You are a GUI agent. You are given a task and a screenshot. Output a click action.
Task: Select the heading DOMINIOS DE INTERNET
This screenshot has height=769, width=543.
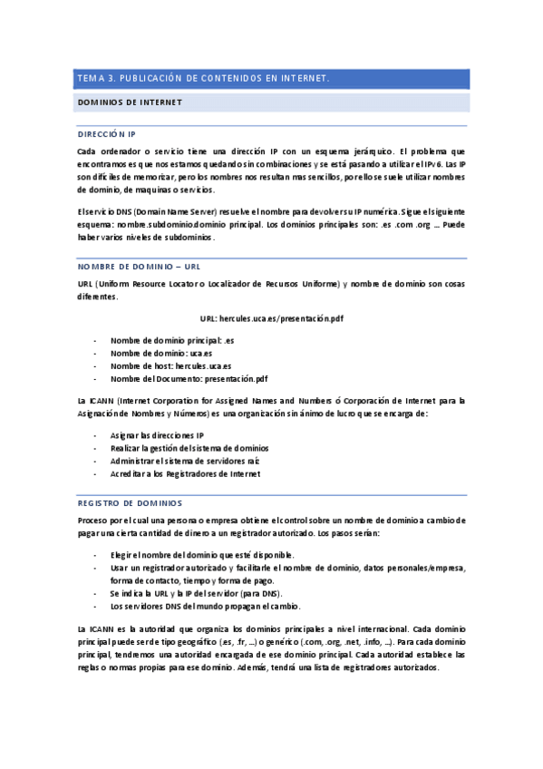tap(131, 102)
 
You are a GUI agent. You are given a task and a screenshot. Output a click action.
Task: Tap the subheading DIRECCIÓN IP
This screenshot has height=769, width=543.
tap(106, 133)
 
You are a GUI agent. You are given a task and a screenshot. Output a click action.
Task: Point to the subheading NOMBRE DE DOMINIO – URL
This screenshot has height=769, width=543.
tap(139, 267)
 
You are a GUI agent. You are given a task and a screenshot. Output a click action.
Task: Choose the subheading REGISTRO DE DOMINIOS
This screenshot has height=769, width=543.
tap(130, 502)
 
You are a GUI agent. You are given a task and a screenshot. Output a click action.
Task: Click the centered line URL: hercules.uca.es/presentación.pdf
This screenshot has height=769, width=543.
tap(271, 319)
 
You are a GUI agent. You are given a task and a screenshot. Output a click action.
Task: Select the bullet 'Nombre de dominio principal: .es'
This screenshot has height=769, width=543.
tap(172, 339)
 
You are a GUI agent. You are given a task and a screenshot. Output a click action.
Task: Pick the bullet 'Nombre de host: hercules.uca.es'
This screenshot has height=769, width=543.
tap(170, 365)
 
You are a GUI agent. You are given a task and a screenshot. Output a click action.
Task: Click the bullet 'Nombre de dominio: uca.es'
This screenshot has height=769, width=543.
tap(161, 353)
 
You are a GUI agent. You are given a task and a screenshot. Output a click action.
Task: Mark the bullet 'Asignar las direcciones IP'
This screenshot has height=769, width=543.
tap(157, 435)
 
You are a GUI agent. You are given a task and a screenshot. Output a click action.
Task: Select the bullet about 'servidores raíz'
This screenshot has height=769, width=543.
tap(185, 461)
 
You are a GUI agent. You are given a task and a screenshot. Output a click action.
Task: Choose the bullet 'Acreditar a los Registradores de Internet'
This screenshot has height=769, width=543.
tap(185, 473)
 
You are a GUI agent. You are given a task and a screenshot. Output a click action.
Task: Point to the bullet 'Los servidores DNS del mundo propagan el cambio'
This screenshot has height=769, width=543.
tap(205, 606)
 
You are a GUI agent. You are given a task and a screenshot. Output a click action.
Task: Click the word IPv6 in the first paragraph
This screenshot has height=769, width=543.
tap(448, 164)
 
